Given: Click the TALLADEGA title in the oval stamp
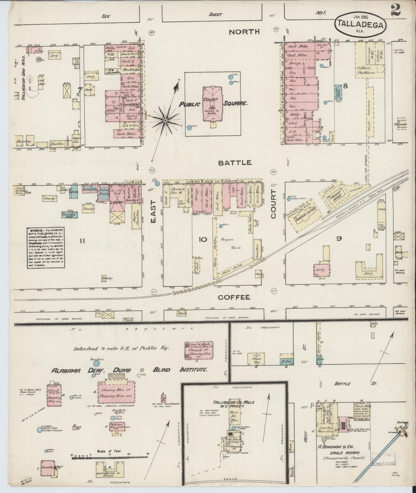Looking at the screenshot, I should coord(361,24).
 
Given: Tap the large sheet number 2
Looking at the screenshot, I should coord(395,11).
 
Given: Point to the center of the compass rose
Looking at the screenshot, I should coord(165,120).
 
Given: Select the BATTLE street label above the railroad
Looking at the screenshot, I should coord(234,163).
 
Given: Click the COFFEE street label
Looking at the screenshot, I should coord(234,297).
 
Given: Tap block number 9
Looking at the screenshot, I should coord(339,238).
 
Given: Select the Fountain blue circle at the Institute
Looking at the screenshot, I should coord(96,363).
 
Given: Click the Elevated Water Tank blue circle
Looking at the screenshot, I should coord(39,430).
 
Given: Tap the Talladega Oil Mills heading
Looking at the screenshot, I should coord(234,402).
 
